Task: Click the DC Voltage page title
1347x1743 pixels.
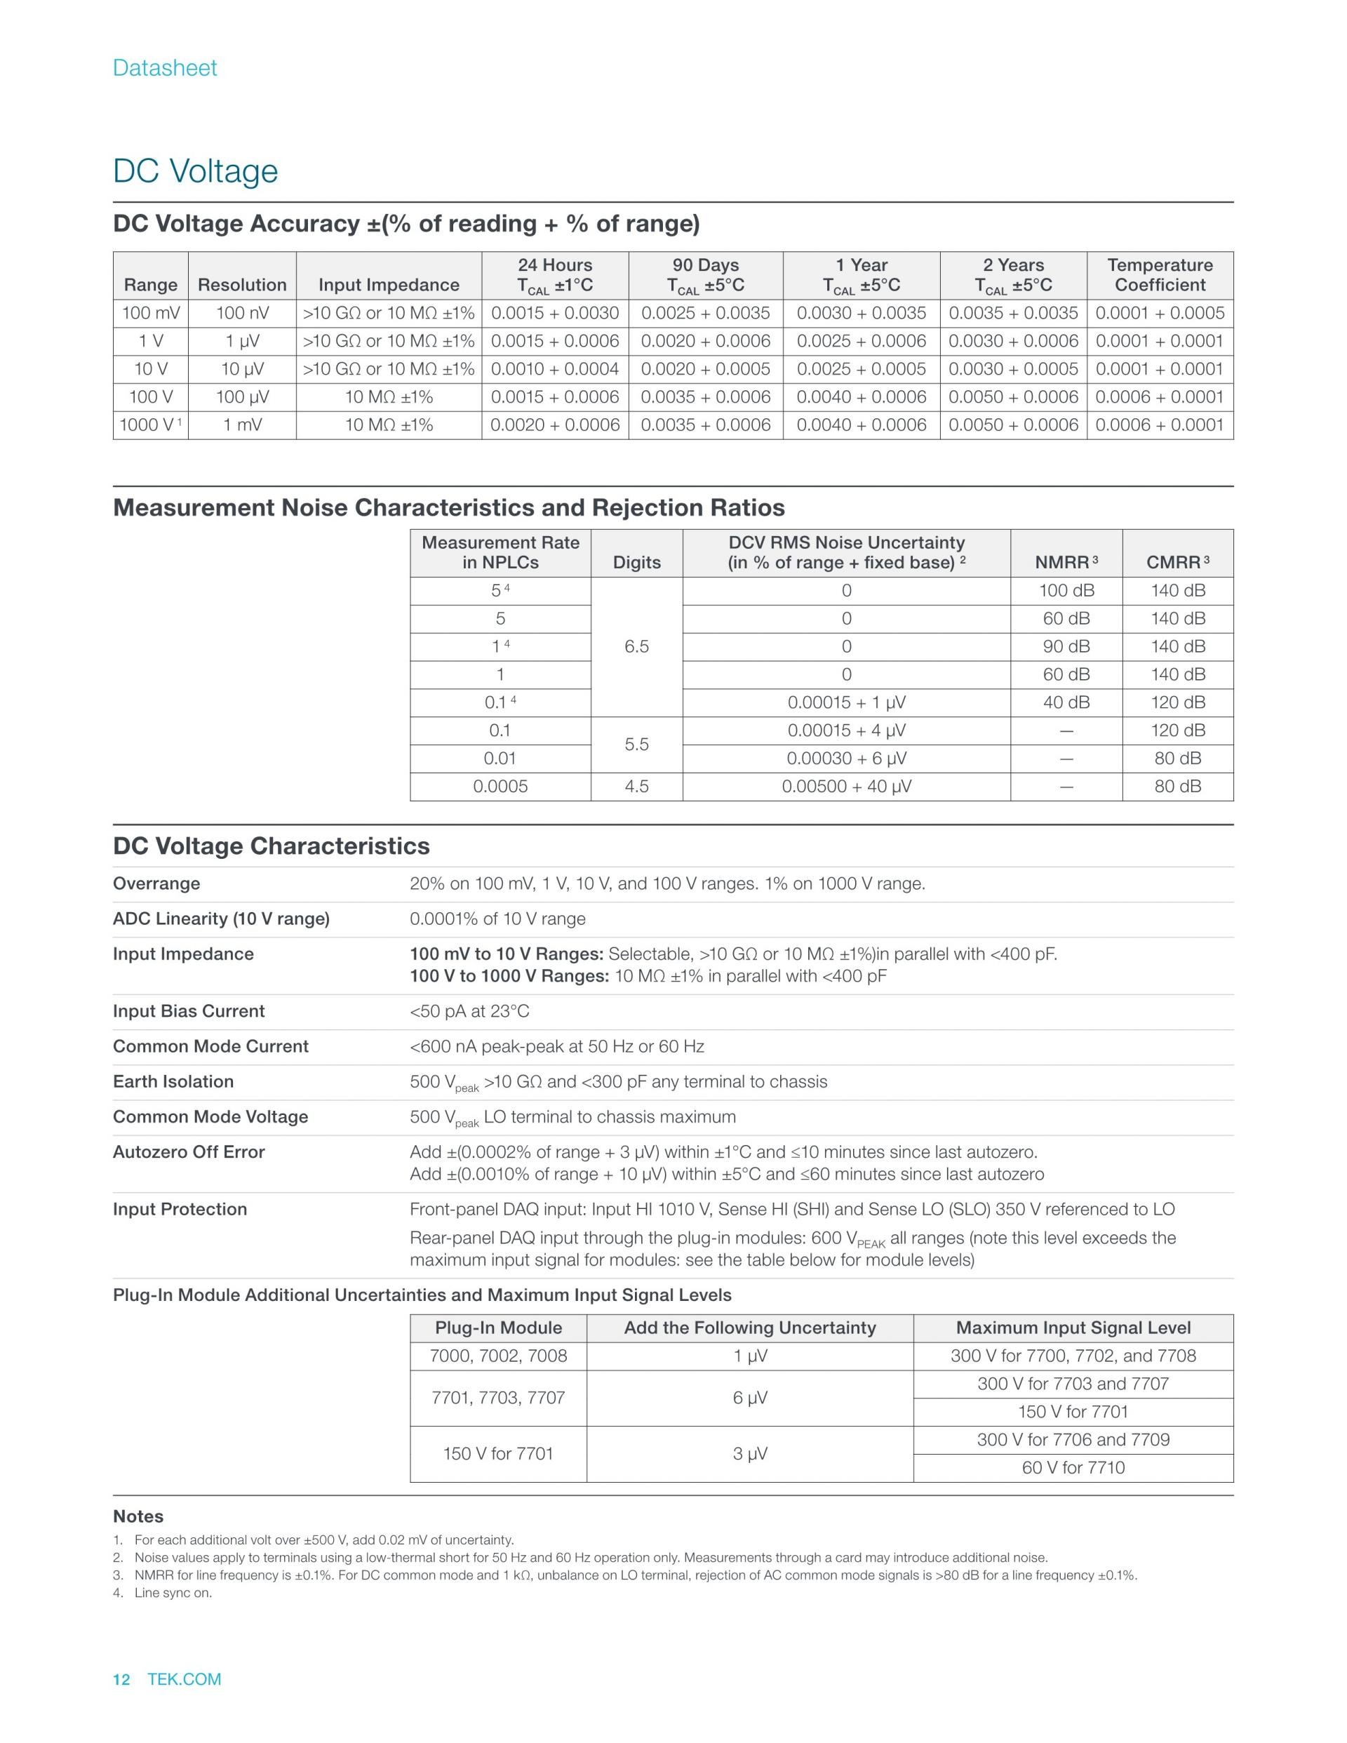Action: pos(196,171)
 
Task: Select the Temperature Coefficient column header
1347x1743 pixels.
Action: pos(1160,274)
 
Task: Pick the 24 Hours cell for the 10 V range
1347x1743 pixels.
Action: pos(555,370)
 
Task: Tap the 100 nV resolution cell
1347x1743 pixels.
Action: pos(242,314)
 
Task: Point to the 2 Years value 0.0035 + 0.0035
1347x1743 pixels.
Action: pos(1012,314)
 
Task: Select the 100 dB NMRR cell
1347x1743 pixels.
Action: pos(1066,592)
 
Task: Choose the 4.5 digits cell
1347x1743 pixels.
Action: pos(636,787)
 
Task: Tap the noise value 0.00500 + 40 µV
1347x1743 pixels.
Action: pos(846,787)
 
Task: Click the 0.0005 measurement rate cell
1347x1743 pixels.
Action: pos(500,787)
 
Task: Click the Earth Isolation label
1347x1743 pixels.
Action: pos(173,1081)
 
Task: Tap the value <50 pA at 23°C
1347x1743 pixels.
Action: pos(469,1011)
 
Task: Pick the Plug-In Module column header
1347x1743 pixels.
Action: pos(498,1328)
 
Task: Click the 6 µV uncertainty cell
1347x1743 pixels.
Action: pos(749,1398)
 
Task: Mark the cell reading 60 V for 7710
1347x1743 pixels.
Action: pos(1073,1468)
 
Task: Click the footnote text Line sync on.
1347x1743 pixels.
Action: pos(173,1593)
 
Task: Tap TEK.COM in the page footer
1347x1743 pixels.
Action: pos(185,1679)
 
